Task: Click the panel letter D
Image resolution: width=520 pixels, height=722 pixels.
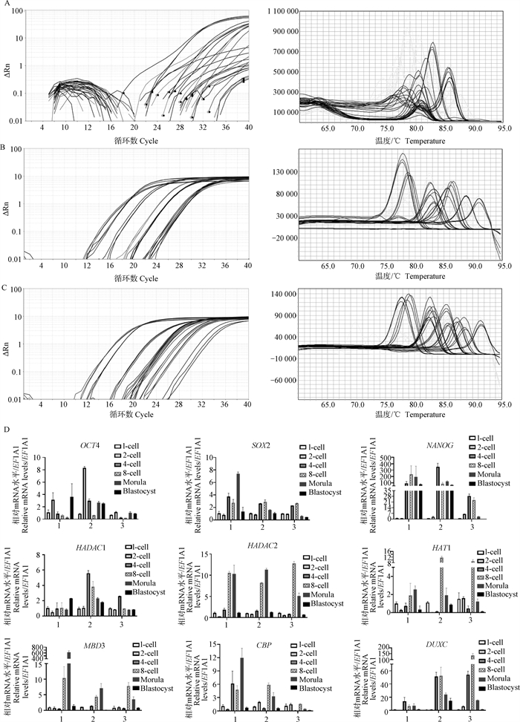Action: coord(6,428)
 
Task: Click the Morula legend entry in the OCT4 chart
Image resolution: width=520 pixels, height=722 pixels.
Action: coord(137,483)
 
